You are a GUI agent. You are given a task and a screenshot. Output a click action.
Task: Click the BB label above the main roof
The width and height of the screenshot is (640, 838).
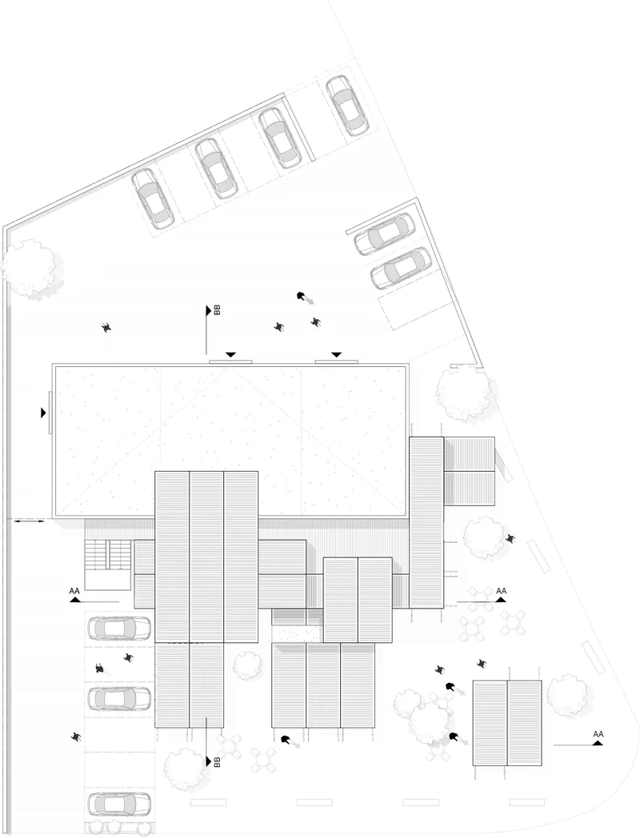[217, 310]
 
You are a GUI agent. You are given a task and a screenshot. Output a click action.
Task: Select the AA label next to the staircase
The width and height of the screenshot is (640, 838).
[74, 593]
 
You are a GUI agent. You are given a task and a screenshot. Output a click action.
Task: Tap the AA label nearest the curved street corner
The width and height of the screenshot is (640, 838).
[598, 734]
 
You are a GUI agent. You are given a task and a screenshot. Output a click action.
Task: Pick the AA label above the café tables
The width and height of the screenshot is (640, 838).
[502, 592]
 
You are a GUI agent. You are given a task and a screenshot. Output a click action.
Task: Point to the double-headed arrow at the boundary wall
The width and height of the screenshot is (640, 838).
[30, 521]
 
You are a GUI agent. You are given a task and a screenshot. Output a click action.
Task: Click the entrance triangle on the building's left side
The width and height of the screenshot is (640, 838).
[43, 413]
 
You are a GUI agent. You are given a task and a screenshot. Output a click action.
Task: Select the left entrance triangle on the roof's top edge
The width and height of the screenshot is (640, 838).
[230, 353]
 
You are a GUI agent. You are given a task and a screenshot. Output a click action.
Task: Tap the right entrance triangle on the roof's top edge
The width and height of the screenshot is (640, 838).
[336, 353]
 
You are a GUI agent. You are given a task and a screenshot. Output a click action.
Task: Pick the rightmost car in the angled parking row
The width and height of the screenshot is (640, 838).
[346, 105]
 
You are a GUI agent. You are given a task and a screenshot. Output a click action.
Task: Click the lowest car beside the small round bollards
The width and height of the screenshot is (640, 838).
[119, 803]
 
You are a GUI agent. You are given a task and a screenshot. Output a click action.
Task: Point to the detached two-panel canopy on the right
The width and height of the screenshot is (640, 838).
[507, 723]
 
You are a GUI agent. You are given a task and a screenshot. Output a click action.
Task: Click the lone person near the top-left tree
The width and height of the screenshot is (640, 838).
[106, 326]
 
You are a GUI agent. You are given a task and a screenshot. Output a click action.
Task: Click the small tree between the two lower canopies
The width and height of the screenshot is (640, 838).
[246, 664]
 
